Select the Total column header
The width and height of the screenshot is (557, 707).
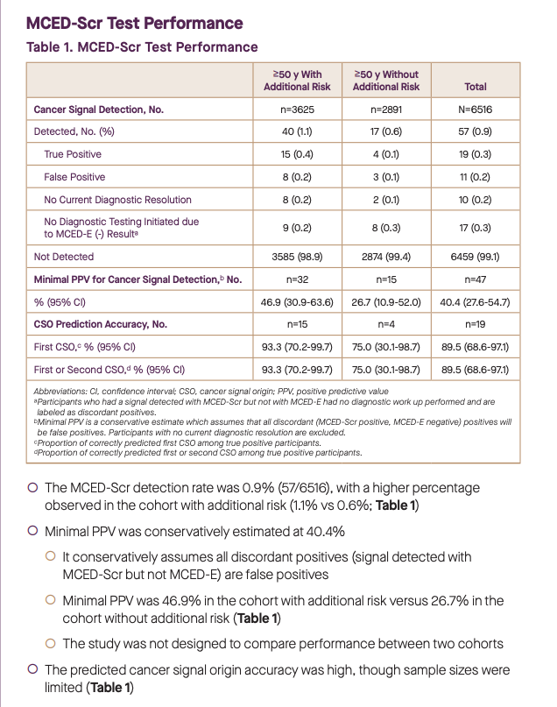476,87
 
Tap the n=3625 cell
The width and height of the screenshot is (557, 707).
298,110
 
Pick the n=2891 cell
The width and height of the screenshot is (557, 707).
386,110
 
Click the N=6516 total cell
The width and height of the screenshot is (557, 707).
476,110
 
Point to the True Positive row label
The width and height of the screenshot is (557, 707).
73,154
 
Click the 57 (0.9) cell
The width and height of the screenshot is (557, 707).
476,131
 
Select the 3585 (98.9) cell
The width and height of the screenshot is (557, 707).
298,258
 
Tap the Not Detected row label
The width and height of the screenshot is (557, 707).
64,258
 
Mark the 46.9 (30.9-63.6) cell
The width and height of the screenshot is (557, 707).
298,302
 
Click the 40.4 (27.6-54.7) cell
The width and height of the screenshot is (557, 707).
476,302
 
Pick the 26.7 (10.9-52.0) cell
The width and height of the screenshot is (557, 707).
386,302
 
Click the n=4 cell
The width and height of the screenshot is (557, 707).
386,324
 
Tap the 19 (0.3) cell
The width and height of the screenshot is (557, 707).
476,154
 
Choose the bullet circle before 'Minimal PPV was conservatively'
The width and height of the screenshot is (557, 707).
32,532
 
